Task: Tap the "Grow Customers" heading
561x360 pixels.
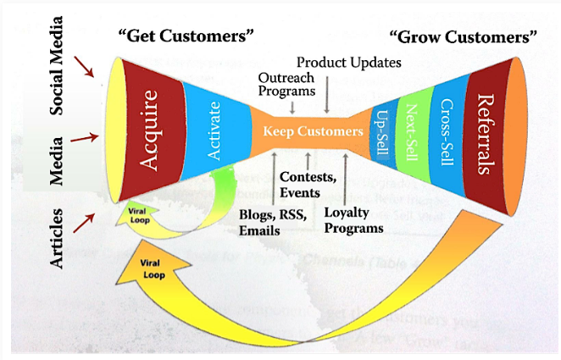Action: click(463, 37)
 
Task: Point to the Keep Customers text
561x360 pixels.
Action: click(311, 132)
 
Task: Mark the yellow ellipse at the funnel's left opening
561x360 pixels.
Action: click(112, 131)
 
